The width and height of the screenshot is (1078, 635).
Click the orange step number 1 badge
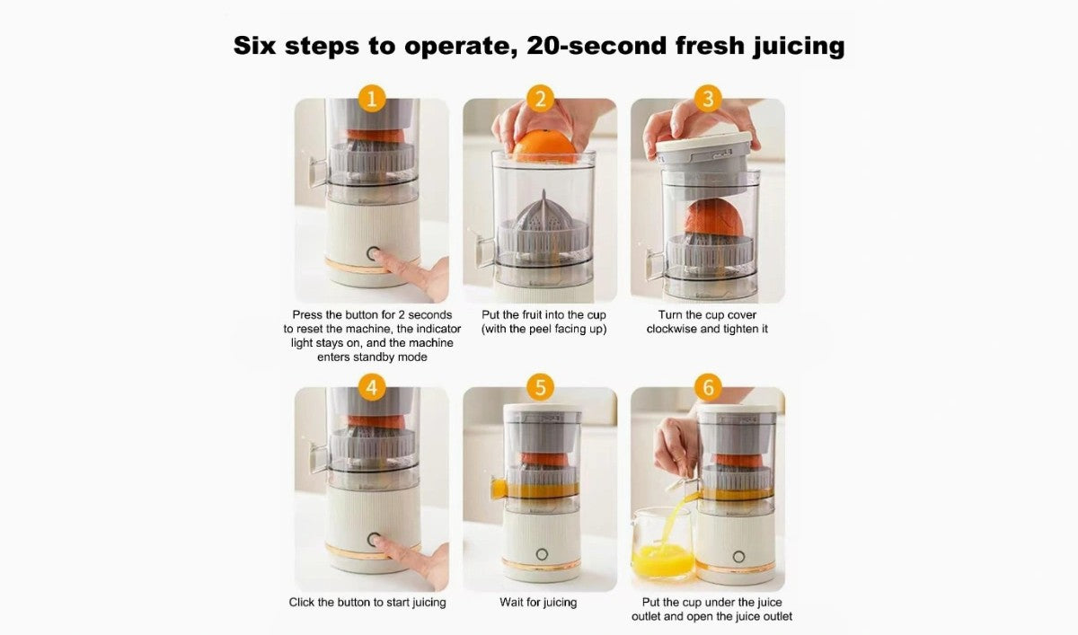371,99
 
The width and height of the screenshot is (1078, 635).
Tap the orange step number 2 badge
539,99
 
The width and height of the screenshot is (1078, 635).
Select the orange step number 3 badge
707,99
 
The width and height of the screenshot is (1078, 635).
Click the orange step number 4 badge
371,388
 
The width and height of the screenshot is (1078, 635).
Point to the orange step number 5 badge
539,388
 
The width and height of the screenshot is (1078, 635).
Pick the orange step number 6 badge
707,388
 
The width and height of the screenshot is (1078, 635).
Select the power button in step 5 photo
542,553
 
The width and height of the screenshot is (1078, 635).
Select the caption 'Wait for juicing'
539,603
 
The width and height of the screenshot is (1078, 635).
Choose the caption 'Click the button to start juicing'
367,603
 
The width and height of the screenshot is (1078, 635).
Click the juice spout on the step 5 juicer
499,488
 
